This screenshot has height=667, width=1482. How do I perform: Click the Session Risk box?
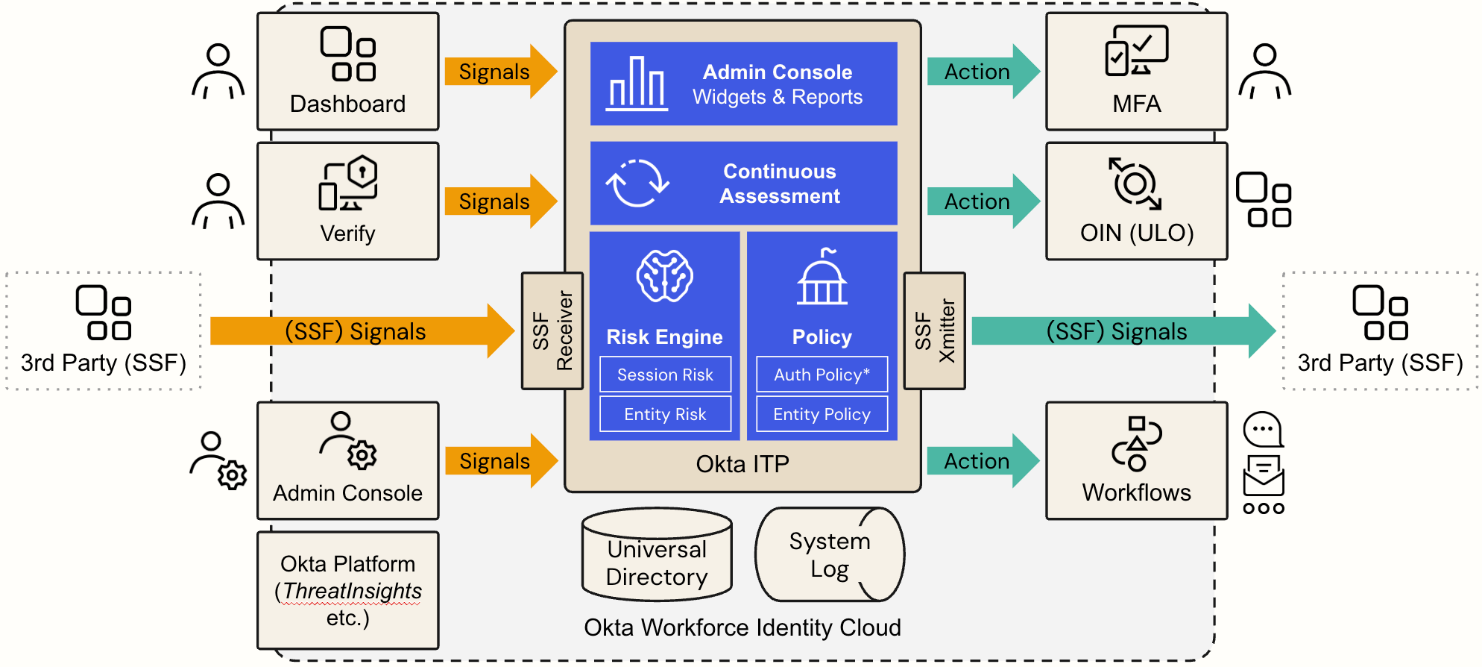point(665,375)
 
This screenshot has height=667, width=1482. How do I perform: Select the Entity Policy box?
point(822,414)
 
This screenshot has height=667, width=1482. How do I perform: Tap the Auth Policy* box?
point(822,375)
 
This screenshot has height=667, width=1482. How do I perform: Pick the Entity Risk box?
point(665,414)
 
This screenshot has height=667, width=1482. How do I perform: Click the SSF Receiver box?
point(552,331)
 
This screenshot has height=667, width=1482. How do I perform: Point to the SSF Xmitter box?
point(934,331)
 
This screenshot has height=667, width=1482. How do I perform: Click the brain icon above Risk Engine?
point(664,276)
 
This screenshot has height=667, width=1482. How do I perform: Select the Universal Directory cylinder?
point(656,556)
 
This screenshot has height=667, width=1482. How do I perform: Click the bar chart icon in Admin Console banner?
point(637,84)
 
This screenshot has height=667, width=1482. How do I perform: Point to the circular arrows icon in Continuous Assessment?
point(637,183)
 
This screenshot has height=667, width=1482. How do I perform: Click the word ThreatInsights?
point(352,591)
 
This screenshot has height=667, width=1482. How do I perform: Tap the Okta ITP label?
point(742,464)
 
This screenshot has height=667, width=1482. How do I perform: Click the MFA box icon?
point(1136,51)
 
